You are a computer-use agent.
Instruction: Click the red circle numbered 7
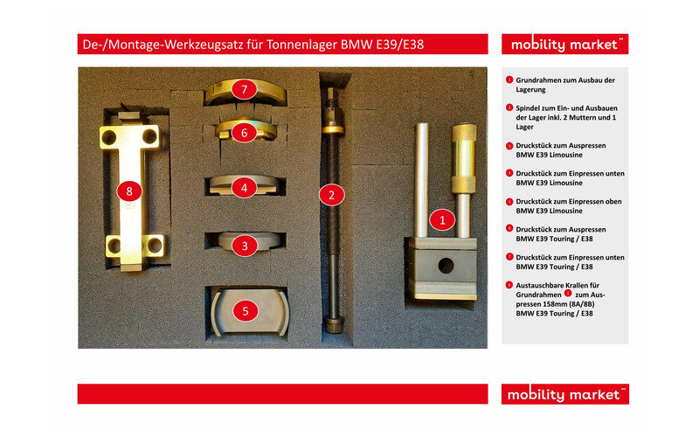(x=246, y=89)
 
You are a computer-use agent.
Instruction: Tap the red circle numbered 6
(x=246, y=133)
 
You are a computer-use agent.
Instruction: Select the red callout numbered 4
(x=246, y=187)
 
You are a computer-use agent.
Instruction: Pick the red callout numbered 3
(x=246, y=246)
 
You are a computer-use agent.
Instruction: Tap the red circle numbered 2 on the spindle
(x=331, y=195)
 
